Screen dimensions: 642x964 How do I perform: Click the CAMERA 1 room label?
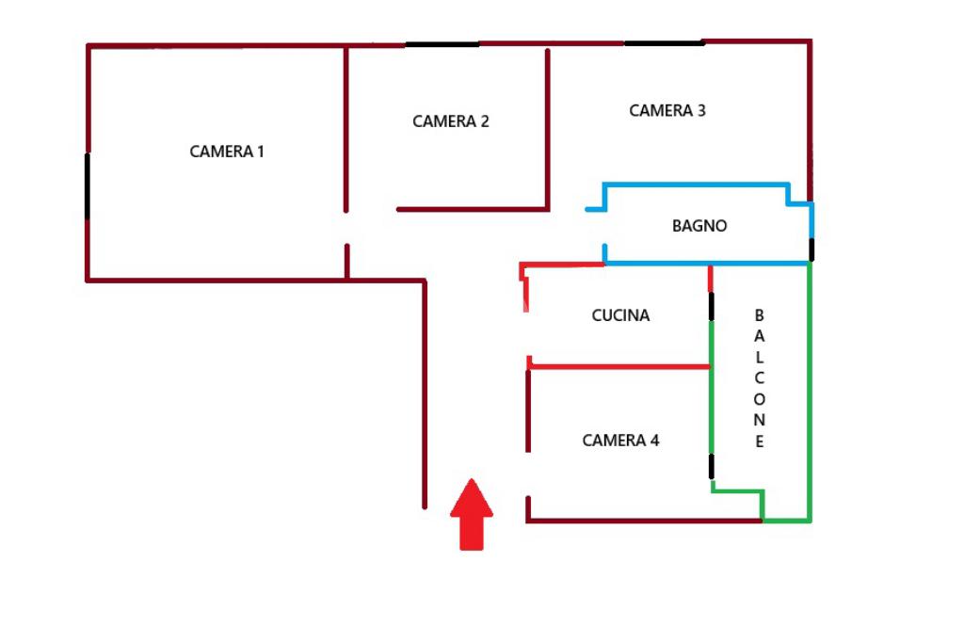(227, 152)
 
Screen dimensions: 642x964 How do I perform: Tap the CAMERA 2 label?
(450, 121)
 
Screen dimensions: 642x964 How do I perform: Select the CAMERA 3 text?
(667, 111)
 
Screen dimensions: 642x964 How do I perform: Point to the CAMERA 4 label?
(620, 441)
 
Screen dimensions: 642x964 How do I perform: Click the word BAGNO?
(699, 226)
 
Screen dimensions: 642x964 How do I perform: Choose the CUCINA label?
(620, 315)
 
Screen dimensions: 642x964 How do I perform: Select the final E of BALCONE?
(760, 441)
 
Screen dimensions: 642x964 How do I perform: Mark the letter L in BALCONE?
(760, 358)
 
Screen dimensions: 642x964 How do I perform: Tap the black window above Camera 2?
(442, 44)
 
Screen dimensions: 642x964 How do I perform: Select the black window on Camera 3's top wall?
(663, 42)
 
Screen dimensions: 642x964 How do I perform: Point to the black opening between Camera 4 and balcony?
(711, 466)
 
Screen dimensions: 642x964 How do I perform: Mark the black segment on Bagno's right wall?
(811, 249)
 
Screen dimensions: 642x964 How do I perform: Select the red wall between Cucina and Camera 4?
(619, 366)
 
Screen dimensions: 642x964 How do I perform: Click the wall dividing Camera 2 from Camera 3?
(548, 127)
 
